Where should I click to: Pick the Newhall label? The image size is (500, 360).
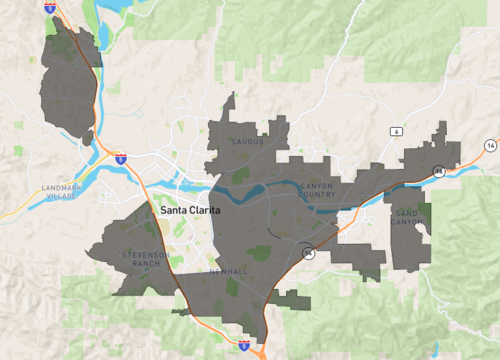[228, 271]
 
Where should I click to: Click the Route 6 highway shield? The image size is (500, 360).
[396, 131]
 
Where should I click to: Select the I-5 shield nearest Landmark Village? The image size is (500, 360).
[120, 158]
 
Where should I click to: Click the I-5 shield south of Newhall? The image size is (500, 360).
[245, 344]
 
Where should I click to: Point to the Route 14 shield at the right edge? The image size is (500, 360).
[490, 146]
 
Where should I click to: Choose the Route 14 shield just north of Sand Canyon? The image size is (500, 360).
[438, 172]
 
